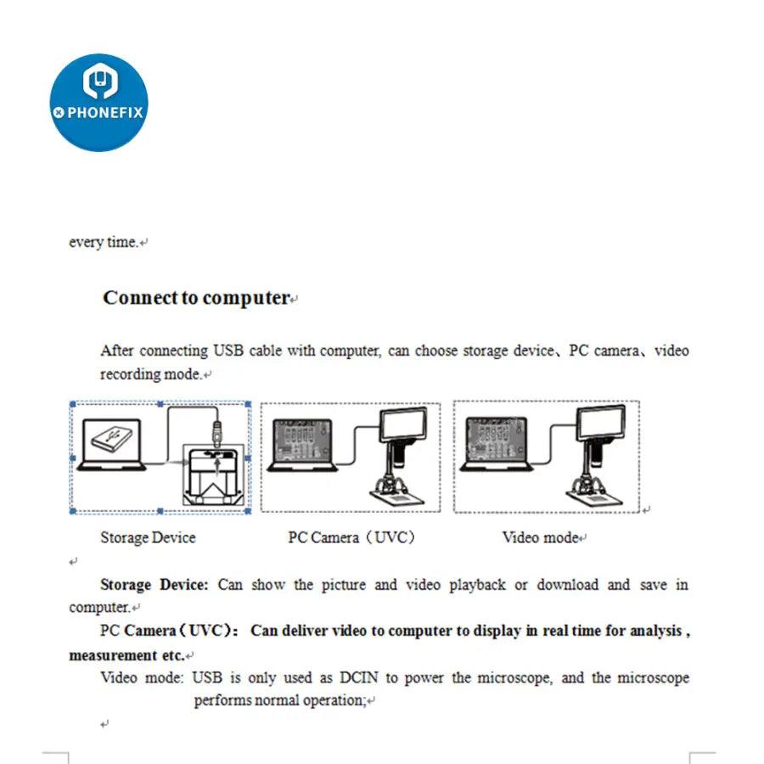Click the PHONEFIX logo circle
(x=98, y=103)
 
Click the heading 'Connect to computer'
(x=196, y=298)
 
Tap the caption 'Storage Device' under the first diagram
(x=148, y=537)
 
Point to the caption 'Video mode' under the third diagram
(x=540, y=537)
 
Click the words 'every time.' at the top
(x=103, y=242)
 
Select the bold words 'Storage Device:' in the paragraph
(x=154, y=585)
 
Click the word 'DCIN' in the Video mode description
(x=361, y=678)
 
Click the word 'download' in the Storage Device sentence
(x=567, y=585)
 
